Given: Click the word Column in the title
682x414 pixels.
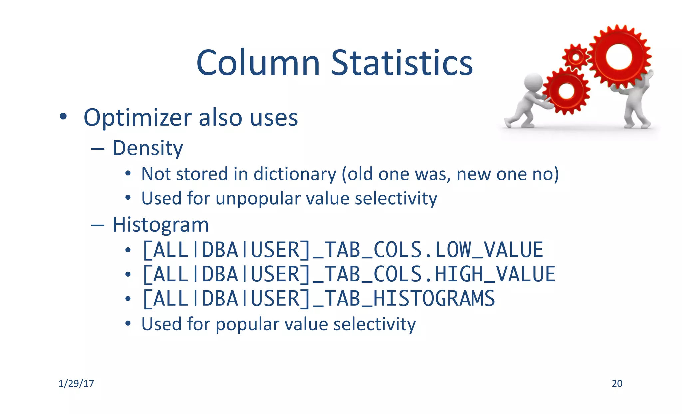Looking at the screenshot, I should (x=258, y=63).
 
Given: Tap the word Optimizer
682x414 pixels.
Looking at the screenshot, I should (x=137, y=118).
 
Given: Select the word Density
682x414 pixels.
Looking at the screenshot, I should (x=148, y=148).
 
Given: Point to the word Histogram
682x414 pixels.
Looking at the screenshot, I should (x=161, y=225).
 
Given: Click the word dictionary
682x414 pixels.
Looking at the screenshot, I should (x=295, y=174).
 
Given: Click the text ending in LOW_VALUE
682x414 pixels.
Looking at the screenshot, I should (x=343, y=250).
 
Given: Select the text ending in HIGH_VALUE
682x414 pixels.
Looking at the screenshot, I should (x=349, y=274).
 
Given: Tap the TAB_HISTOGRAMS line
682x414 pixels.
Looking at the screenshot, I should (x=318, y=299).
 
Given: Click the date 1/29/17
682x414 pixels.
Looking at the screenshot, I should (x=76, y=384).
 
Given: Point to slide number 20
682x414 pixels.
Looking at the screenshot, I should (x=617, y=384).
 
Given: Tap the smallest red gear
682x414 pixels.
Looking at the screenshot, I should (x=576, y=57).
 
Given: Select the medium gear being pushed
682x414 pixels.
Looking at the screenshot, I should (x=566, y=91).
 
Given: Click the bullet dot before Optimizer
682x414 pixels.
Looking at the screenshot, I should (x=63, y=117).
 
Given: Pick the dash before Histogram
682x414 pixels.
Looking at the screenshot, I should (x=98, y=225).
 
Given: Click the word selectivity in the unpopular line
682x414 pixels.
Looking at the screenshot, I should (x=396, y=199).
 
